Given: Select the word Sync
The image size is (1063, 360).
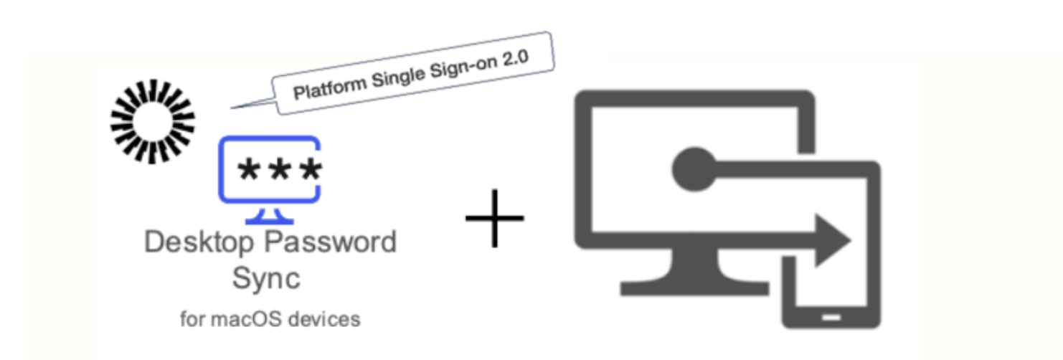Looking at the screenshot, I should (266, 278).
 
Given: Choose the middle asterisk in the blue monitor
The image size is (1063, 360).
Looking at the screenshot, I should (279, 171).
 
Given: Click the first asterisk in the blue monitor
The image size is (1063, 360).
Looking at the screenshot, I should (248, 171).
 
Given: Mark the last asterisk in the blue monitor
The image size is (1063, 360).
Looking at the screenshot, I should (310, 171).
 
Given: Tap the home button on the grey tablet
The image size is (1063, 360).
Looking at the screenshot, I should (831, 316).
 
